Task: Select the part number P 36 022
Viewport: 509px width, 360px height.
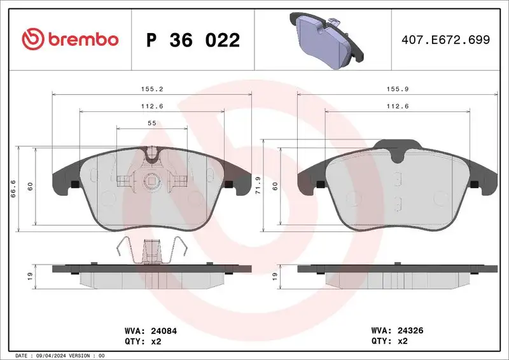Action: pos(193,40)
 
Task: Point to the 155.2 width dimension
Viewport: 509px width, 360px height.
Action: pos(151,90)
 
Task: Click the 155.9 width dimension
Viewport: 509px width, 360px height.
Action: pos(397,90)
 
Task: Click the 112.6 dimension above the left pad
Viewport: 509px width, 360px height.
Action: pos(151,106)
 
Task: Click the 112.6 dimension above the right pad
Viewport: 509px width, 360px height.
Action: pos(397,106)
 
